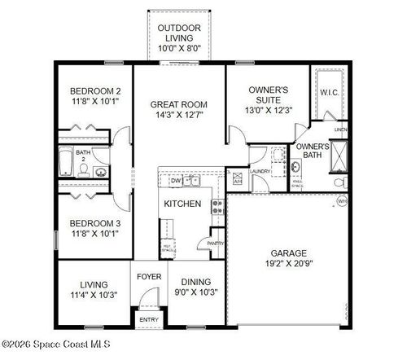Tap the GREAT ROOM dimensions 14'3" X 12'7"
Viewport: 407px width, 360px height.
[x=178, y=116]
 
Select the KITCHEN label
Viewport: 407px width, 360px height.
[x=182, y=204]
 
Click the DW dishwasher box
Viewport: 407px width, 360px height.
[x=175, y=181]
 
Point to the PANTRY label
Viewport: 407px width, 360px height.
[x=216, y=243]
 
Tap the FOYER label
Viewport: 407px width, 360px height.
[x=148, y=276]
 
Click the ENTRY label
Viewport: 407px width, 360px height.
[x=148, y=319]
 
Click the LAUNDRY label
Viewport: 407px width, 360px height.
[x=260, y=172]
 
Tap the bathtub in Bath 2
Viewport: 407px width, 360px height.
[x=66, y=162]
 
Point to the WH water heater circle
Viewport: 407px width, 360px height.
[x=342, y=200]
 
